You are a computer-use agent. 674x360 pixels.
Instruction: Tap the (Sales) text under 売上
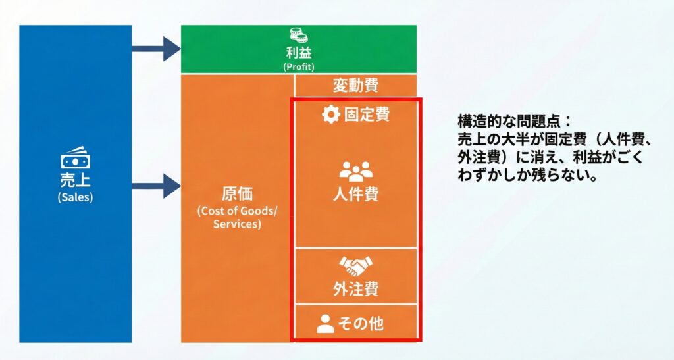click(x=75, y=197)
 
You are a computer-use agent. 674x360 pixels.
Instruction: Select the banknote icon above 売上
click(x=75, y=158)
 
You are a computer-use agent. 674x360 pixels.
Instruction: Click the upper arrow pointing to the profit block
click(x=156, y=48)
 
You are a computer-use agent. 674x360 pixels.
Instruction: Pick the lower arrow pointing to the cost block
click(x=156, y=186)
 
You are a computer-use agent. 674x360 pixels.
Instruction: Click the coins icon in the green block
click(x=299, y=35)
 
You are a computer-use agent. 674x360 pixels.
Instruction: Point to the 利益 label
click(x=299, y=53)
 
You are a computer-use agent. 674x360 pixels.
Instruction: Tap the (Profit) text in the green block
click(x=299, y=66)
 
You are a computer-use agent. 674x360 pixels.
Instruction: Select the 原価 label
click(x=237, y=195)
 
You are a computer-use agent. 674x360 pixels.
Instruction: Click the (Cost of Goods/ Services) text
click(x=237, y=217)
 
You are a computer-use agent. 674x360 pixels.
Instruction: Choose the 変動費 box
click(x=355, y=86)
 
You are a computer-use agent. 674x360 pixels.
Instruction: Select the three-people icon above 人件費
click(x=355, y=172)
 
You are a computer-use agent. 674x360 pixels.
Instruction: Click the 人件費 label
click(x=355, y=195)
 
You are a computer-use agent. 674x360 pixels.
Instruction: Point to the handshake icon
click(x=355, y=266)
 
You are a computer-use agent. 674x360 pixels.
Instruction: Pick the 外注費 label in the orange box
click(x=355, y=289)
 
